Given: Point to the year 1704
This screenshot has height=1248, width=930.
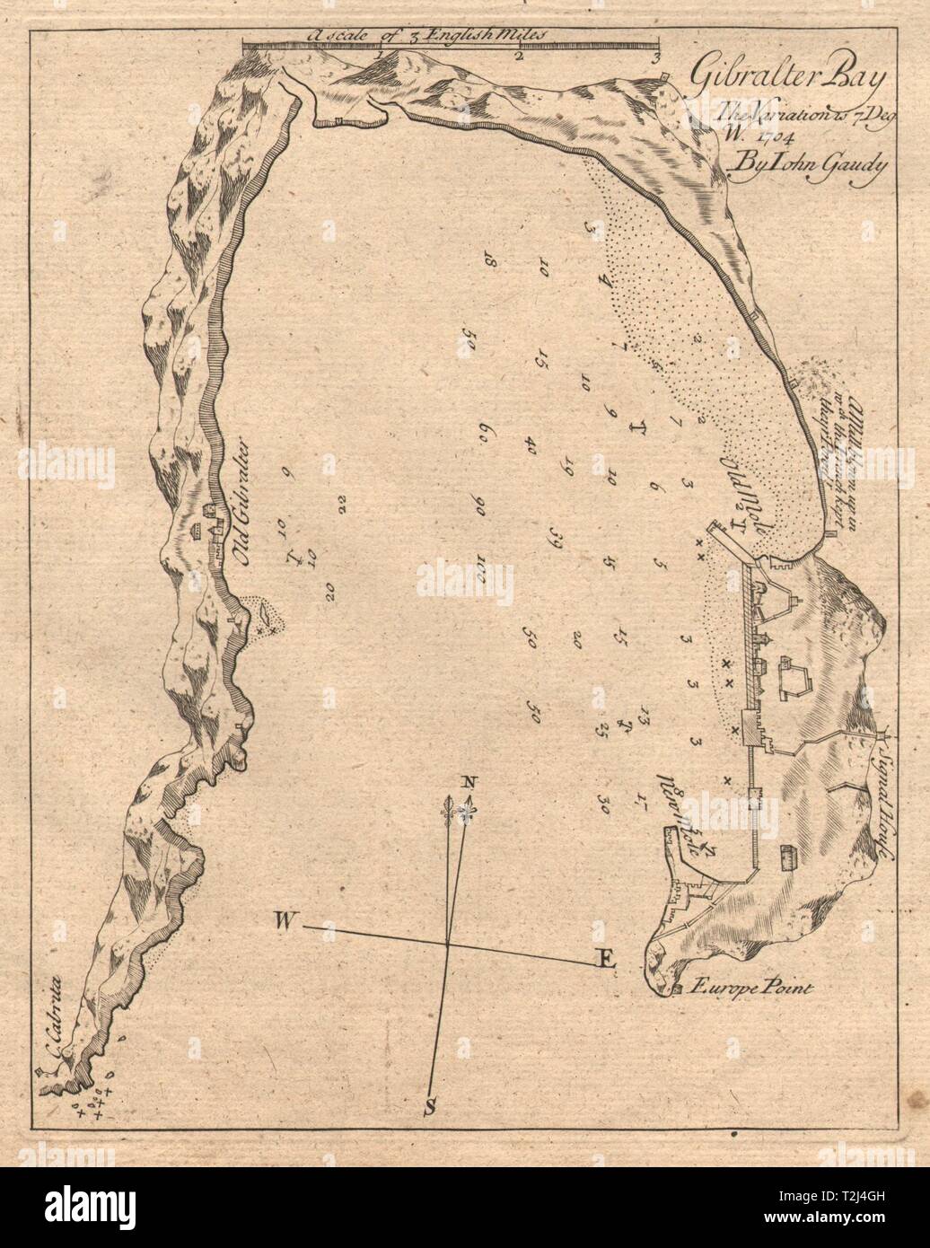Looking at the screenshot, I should (722, 142).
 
